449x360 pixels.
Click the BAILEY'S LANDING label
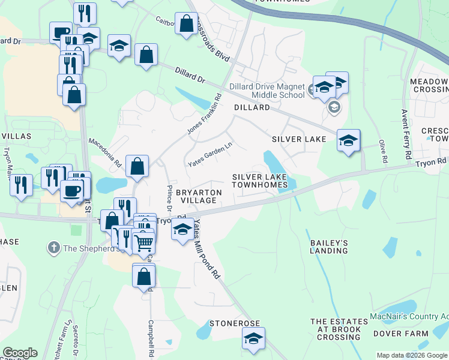click(329, 247)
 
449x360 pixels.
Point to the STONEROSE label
click(234, 323)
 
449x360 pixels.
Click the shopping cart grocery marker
click(143, 242)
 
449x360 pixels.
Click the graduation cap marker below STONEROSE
click(254, 339)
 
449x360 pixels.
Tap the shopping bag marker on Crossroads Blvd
click(186, 24)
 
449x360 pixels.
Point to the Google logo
click(20, 353)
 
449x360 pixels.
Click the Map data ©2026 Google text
click(412, 355)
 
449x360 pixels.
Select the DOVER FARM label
click(396, 333)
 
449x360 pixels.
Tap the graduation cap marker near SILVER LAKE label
click(348, 140)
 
